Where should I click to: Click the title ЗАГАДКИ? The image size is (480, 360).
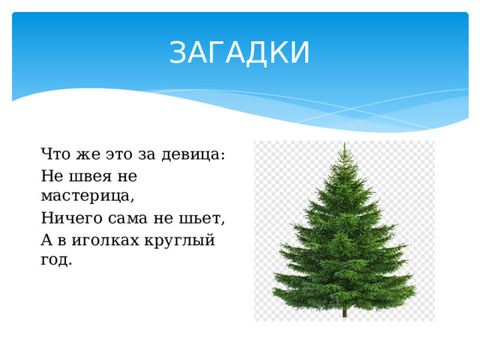[x=239, y=53]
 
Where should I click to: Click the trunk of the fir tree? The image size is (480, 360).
[x=344, y=310]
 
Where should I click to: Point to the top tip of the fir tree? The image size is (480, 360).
[x=343, y=144]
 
